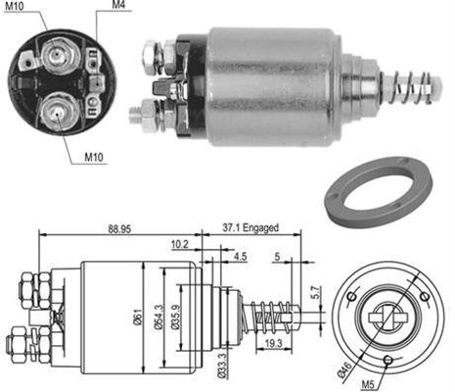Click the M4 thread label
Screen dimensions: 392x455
pos(118,8)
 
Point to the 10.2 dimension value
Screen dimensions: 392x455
pos(178,246)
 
